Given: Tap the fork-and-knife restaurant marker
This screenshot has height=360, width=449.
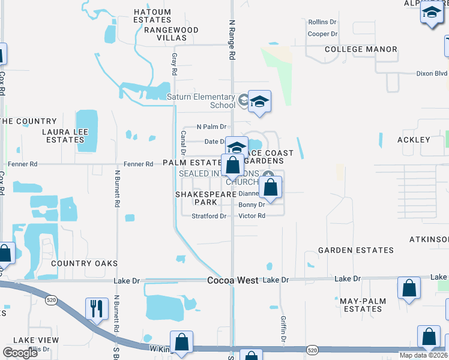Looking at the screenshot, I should coord(97,309).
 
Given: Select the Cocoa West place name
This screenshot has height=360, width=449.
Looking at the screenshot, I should coord(233,280).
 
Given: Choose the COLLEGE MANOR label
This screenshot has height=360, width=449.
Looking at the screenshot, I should coord(352,49).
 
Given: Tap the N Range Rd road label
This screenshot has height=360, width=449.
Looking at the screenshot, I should coord(232,40).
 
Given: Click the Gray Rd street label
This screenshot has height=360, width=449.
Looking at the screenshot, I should coord(175,63).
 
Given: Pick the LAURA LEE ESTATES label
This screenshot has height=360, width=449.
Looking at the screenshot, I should coord(65,136).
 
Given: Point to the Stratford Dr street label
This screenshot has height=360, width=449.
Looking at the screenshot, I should coord(209,216).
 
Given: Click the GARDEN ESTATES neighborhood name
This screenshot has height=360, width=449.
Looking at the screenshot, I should coord(356,250).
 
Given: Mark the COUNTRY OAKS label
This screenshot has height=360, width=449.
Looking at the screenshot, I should coord(84,263).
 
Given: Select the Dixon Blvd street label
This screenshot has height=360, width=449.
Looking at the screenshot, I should coord(432,74).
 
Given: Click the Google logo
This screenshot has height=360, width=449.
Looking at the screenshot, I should coord(20,353).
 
